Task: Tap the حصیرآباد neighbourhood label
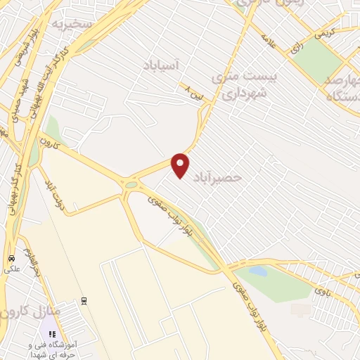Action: click(x=221, y=178)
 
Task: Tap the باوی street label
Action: click(x=322, y=289)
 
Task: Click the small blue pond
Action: click(x=259, y=271)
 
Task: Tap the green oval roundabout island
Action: click(x=131, y=185)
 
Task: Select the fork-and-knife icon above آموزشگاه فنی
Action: click(x=51, y=334)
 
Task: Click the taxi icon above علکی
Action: click(x=11, y=257)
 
